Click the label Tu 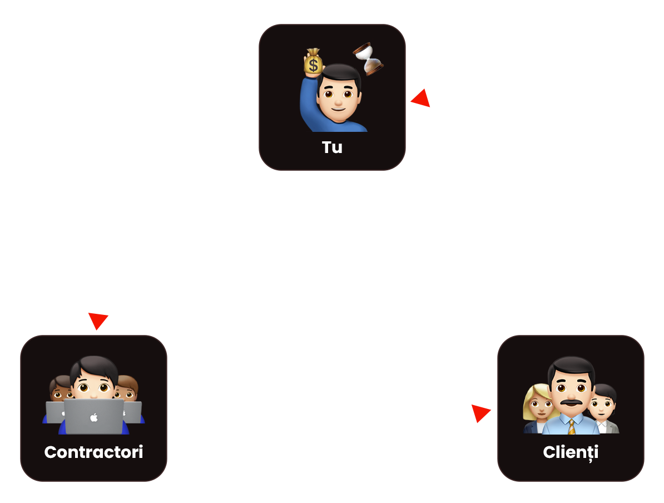[x=332, y=147]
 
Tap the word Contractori [x=93, y=452]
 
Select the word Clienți [x=571, y=452]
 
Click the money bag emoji [x=314, y=62]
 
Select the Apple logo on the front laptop [x=93, y=417]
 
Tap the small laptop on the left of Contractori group [x=54, y=412]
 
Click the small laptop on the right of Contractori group [x=134, y=412]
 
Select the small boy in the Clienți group [x=603, y=406]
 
